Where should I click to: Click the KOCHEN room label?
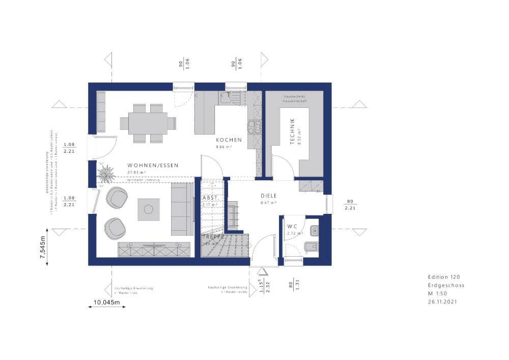[x=229, y=140]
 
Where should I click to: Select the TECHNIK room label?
[x=292, y=132]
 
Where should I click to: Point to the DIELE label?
[x=269, y=195]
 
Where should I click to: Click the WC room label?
[x=292, y=226]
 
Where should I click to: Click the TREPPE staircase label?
[x=213, y=237]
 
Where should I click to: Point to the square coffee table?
[x=148, y=209]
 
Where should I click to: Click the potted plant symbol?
[x=106, y=173]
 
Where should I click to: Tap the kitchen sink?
[x=230, y=97]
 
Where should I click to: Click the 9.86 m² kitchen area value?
[x=224, y=147]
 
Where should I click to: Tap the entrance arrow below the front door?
[x=262, y=271]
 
